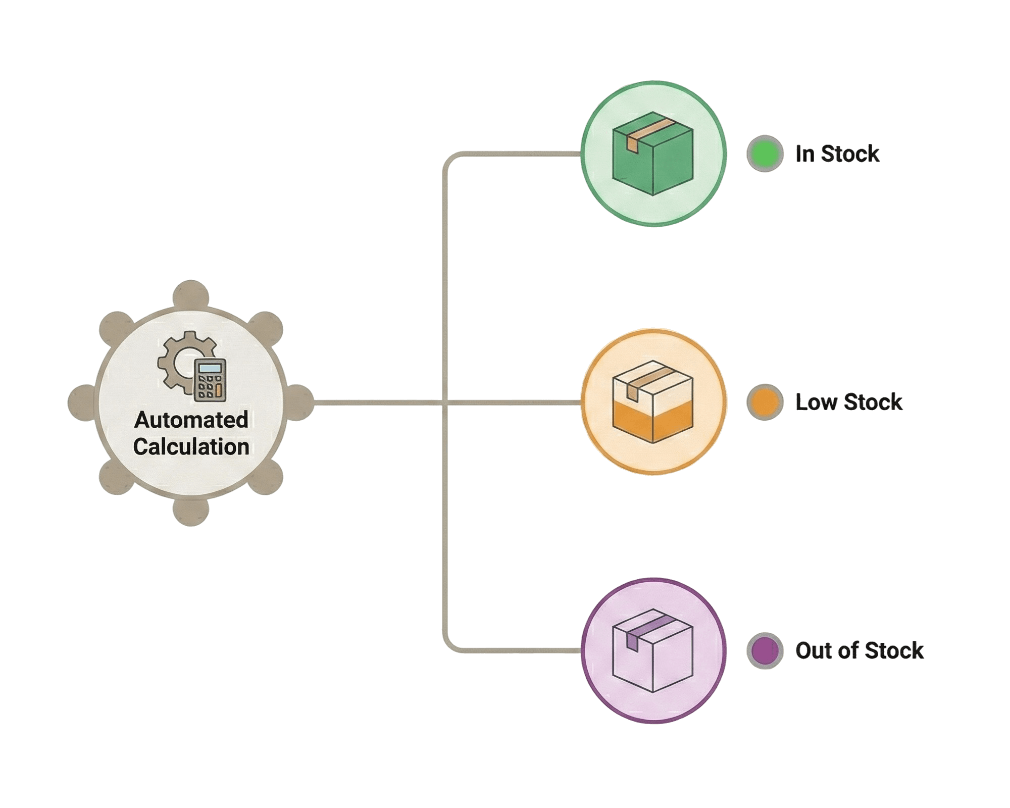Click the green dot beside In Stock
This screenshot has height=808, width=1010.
[765, 154]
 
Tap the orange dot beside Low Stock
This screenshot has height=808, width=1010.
[765, 402]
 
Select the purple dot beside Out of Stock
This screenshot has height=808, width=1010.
[765, 650]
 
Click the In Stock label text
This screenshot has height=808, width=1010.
[837, 154]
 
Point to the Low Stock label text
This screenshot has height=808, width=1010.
[848, 402]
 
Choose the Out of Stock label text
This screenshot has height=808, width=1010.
[859, 650]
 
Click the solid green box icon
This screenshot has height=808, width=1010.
[653, 154]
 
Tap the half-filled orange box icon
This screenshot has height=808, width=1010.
[653, 402]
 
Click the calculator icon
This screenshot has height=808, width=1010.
[210, 380]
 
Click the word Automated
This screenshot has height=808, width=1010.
[191, 420]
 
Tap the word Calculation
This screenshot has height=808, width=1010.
[191, 447]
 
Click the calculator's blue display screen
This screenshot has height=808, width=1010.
[210, 367]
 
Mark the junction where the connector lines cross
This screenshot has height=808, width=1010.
[444, 402]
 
